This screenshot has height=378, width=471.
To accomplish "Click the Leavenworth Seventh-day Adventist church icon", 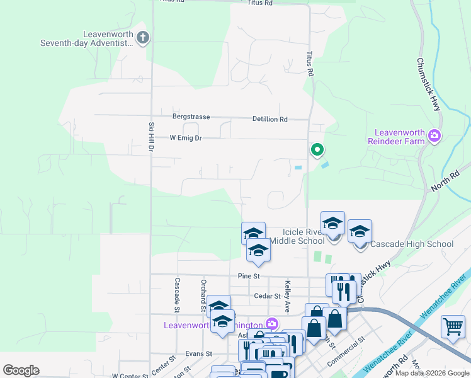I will click(143, 37).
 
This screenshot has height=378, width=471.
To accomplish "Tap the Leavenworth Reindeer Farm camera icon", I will click(434, 135).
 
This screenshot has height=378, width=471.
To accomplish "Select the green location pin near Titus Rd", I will click(317, 150).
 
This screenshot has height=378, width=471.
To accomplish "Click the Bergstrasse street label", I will click(191, 117).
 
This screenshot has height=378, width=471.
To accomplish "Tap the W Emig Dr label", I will click(186, 137).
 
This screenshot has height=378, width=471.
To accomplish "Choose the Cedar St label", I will click(268, 295).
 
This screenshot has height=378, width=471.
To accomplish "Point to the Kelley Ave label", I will click(287, 292).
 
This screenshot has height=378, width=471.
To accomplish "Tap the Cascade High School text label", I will click(412, 244).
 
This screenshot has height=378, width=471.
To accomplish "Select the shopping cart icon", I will click(453, 327).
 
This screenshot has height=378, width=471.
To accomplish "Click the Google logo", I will click(21, 370).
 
